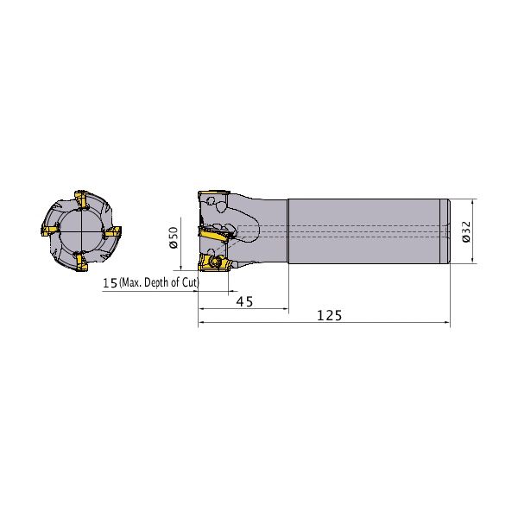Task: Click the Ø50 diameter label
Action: click(x=174, y=237)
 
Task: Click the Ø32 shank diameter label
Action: click(x=466, y=231)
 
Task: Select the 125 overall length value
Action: click(x=329, y=315)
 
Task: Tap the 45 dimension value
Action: click(x=245, y=301)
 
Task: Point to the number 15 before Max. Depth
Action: click(x=110, y=283)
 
